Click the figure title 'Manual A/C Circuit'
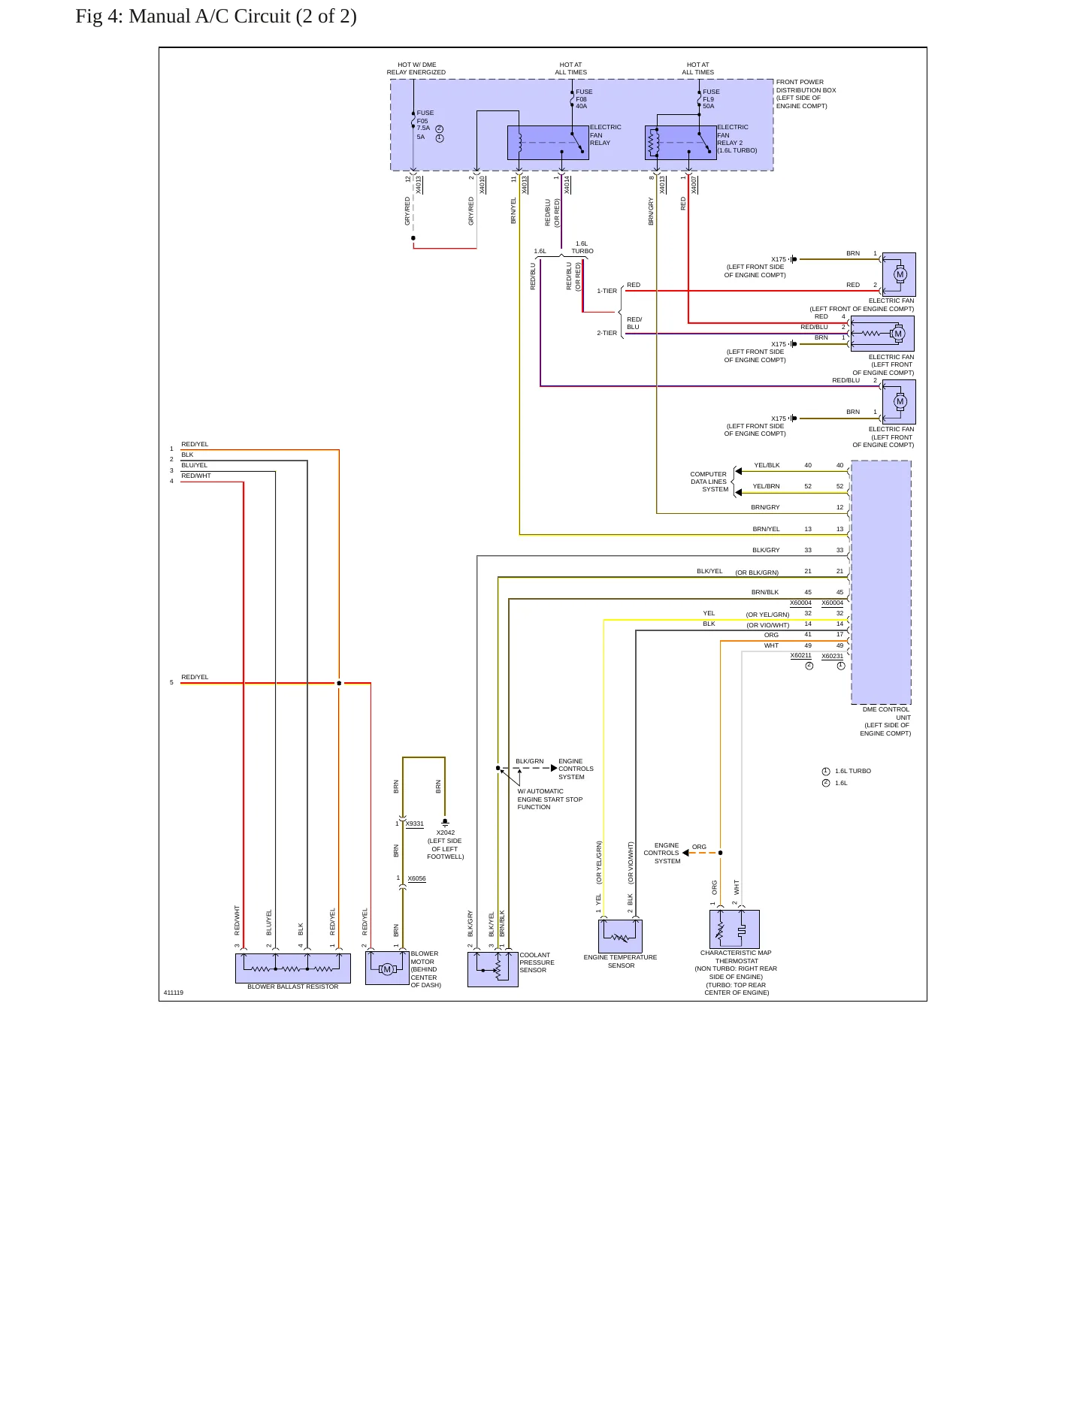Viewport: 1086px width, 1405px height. click(x=210, y=17)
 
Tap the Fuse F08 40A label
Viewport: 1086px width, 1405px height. click(x=584, y=99)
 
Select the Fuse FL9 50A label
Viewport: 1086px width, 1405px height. click(x=711, y=99)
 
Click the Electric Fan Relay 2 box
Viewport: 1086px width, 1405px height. click(x=681, y=143)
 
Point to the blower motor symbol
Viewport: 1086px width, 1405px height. click(x=387, y=968)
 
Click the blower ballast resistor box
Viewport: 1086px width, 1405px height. click(x=293, y=968)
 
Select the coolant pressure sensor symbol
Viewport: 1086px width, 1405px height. click(x=493, y=969)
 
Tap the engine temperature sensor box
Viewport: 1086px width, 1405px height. click(x=620, y=937)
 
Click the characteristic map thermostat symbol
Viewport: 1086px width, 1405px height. click(x=734, y=929)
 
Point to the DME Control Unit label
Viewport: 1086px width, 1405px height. click(x=886, y=721)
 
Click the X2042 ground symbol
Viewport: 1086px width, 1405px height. click(x=445, y=823)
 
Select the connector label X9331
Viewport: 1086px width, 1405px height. click(x=415, y=824)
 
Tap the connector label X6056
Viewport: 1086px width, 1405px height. click(x=417, y=878)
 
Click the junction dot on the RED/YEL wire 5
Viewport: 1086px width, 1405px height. click(x=339, y=683)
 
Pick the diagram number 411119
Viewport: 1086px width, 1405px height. click(x=174, y=993)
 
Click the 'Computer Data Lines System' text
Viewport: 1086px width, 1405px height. click(x=709, y=482)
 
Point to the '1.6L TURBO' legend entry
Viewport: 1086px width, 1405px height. click(x=847, y=771)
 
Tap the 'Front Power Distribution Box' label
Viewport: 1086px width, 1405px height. click(x=806, y=94)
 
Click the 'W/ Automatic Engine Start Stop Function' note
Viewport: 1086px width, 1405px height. click(x=550, y=799)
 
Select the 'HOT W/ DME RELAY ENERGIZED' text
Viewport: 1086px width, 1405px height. click(x=416, y=68)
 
